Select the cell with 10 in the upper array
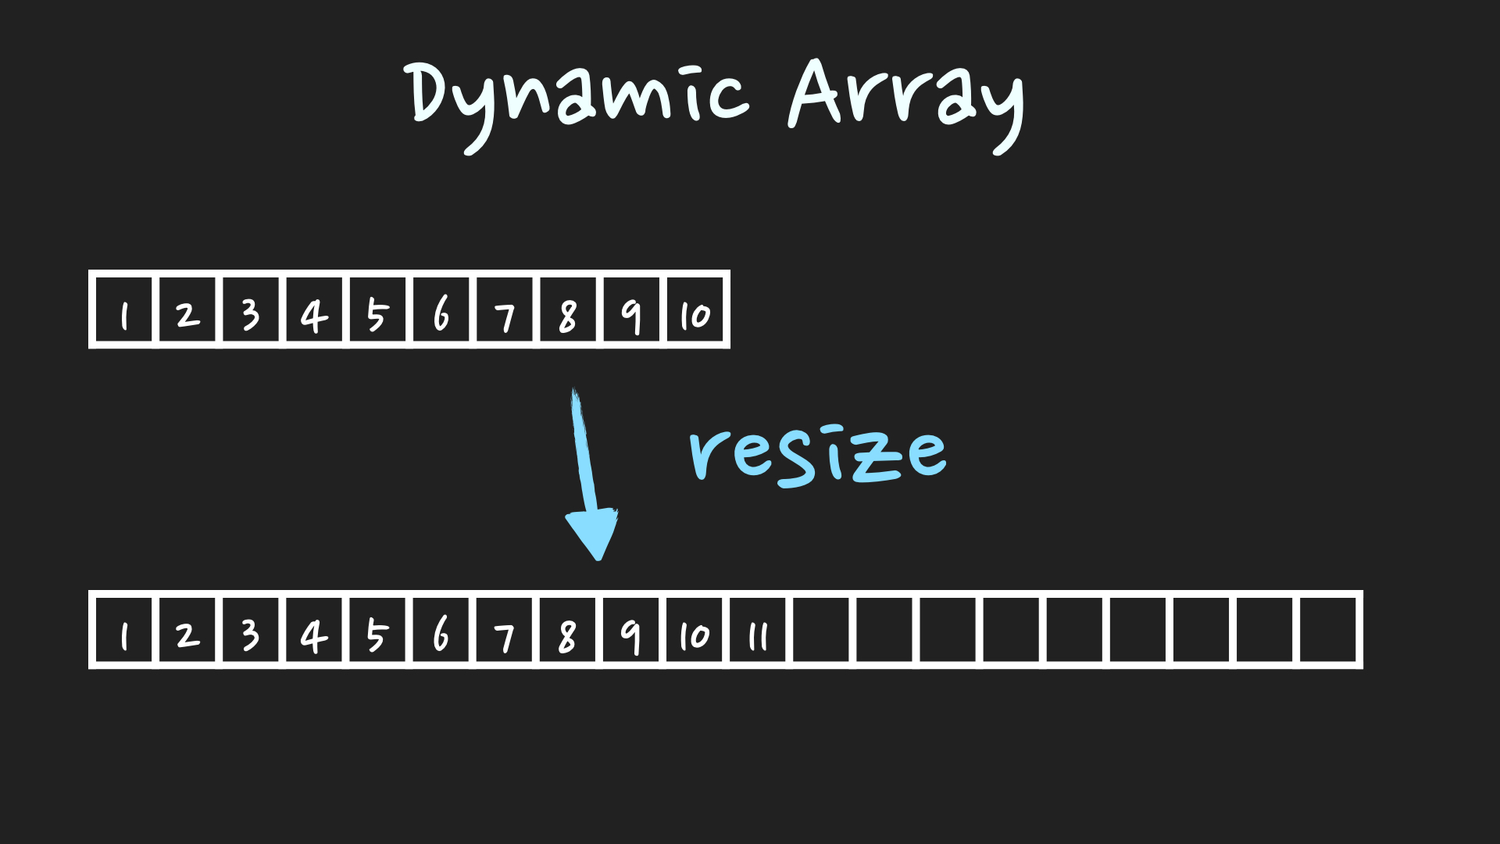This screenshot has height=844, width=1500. click(695, 310)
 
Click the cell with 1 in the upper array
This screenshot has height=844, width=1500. click(124, 310)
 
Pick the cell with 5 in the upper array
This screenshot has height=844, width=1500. click(377, 310)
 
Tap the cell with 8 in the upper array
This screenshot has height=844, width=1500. click(568, 310)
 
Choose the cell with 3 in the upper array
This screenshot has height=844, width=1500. click(251, 310)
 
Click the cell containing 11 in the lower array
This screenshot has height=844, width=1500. click(758, 631)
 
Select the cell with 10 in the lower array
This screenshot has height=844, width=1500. click(695, 631)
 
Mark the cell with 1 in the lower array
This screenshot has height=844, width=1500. click(124, 631)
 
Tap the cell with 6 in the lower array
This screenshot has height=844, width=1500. click(441, 631)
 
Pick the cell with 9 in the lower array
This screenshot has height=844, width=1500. click(631, 631)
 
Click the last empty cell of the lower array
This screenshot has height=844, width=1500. click(1328, 631)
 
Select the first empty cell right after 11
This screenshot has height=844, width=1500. click(822, 631)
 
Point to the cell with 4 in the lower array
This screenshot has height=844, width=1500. click(314, 631)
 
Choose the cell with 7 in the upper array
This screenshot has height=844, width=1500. click(505, 310)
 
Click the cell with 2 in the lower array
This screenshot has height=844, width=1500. click(187, 631)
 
